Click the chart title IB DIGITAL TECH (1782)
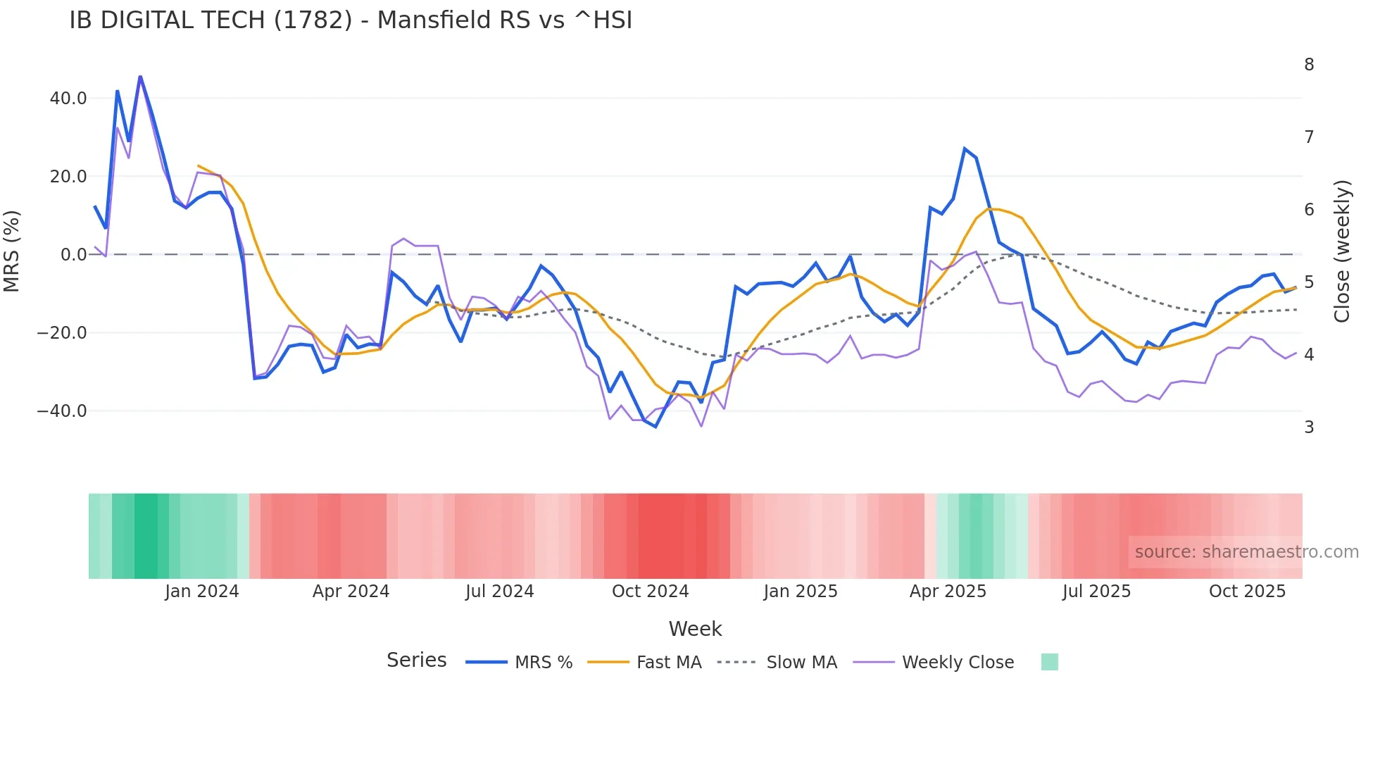coord(351,20)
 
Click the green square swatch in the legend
coord(1049,662)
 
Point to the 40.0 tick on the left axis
coord(68,99)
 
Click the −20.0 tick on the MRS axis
coord(62,333)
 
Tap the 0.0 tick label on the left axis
coord(74,255)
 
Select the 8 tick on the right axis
coord(1309,65)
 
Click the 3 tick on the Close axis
coord(1309,427)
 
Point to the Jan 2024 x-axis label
coord(202,592)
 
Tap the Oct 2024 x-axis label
coord(650,592)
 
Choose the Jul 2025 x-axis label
coord(1096,592)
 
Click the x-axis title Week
coord(695,629)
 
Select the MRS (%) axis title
coord(12,251)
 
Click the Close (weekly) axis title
coord(1342,251)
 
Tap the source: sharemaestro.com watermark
coord(1246,552)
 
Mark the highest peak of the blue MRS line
coord(140,76)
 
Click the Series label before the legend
coord(416,661)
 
